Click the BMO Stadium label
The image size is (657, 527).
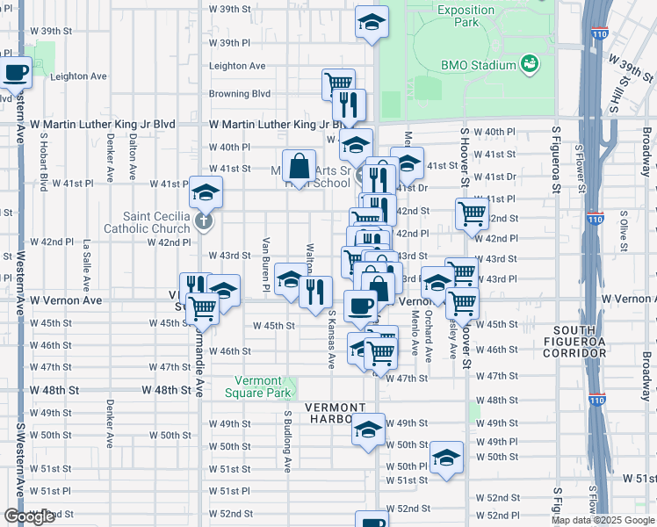pos(478,65)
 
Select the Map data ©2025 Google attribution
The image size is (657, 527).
pos(603,520)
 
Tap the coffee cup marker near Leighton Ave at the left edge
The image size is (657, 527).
pos(15,71)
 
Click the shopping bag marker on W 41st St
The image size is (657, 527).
pos(300,166)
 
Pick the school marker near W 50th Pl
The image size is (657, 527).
pos(446,458)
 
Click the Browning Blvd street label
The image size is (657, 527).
pos(239,94)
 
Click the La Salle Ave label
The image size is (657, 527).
pos(86,266)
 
